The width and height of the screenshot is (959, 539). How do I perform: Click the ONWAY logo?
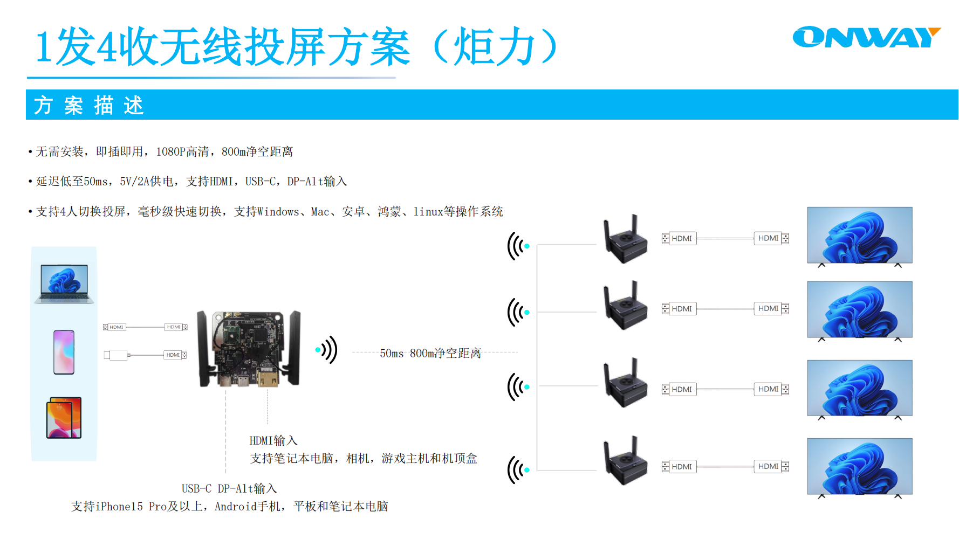(866, 37)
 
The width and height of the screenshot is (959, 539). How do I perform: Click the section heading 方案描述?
(89, 105)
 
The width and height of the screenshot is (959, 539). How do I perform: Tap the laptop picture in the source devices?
(64, 284)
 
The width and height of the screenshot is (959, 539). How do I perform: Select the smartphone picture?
(64, 352)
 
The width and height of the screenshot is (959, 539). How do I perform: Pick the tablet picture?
(64, 418)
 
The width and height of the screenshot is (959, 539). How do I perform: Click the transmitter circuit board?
(248, 348)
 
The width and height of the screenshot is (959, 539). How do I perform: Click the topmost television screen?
(859, 235)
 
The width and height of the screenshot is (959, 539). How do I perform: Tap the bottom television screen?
(859, 466)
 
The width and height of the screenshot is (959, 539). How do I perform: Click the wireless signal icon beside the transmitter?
(327, 350)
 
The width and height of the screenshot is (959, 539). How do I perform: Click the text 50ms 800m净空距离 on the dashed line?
(430, 353)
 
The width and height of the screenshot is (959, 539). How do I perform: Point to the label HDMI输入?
(273, 441)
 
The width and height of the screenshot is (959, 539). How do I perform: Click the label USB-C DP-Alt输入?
(229, 489)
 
